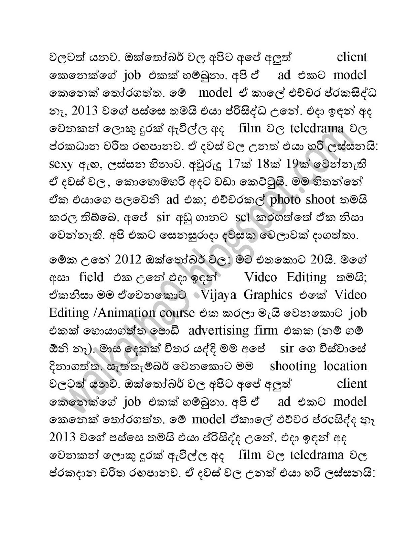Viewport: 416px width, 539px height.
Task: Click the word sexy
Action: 61,164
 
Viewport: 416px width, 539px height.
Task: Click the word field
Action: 91,277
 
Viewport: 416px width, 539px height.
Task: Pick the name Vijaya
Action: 219,295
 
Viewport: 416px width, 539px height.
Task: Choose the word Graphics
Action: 268,295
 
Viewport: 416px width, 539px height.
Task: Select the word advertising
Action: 218,330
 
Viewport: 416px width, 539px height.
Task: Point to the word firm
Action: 266,330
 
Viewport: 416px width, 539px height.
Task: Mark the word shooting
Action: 293,366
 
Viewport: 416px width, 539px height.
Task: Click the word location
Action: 345,366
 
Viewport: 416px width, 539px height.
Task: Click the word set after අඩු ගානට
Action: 243,218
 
